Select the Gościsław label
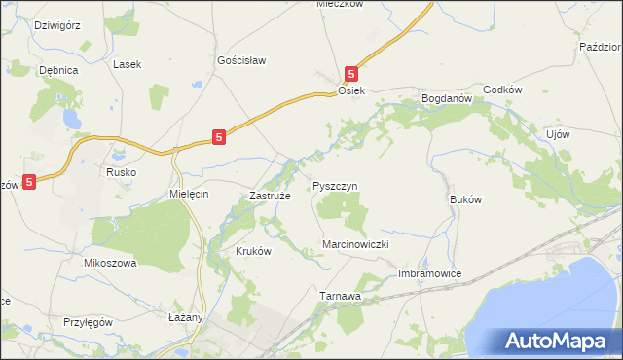pos(240,60)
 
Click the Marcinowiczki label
pos(355,245)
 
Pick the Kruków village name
pos(252,250)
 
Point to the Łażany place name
pos(183,317)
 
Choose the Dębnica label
pos(57,70)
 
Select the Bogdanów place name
pos(446,98)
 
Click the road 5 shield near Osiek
pos(352,73)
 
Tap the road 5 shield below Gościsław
pos(220,138)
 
